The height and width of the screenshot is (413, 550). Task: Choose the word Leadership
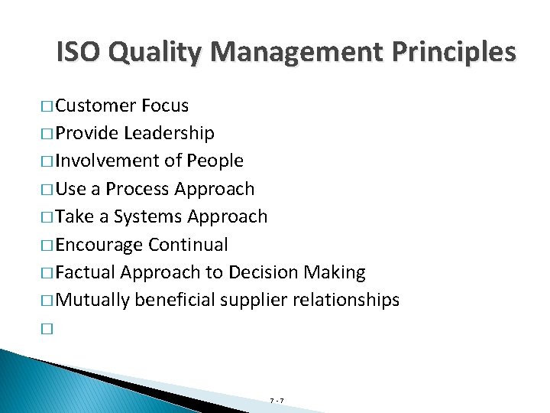point(169,133)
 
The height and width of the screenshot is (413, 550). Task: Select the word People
point(216,161)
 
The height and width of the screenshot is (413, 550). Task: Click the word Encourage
point(99,245)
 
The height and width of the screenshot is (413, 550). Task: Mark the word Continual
point(189,245)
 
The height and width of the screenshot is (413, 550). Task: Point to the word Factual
point(86,272)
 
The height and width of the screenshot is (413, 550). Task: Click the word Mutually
point(93,300)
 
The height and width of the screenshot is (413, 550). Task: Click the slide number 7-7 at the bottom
point(277,400)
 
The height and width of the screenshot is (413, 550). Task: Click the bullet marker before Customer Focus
point(47,106)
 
